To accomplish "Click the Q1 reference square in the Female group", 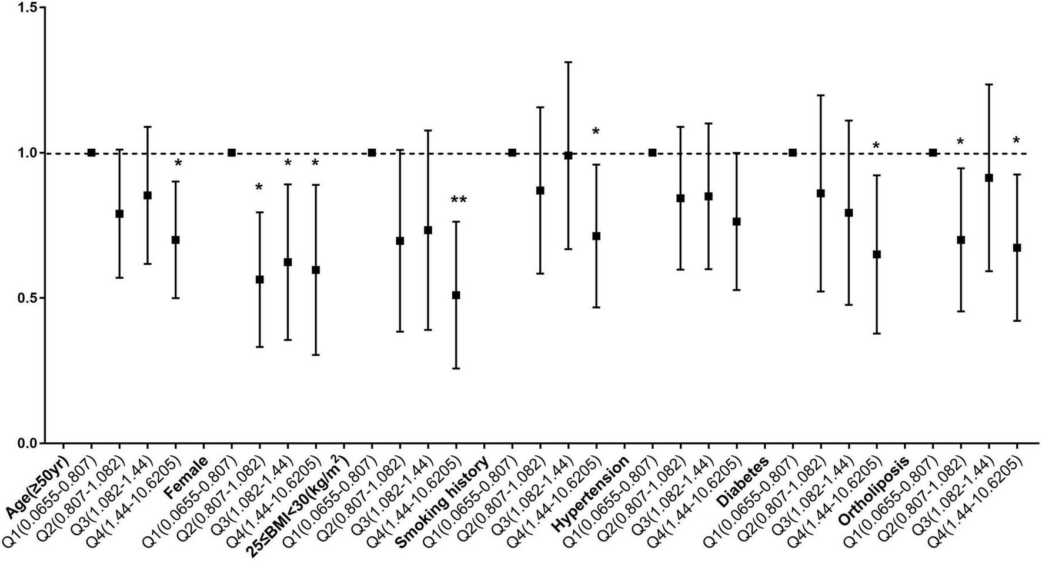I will click(232, 153).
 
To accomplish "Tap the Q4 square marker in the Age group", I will click(175, 240).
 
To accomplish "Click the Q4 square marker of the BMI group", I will click(456, 295).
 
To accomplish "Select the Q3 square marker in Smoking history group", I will click(568, 156).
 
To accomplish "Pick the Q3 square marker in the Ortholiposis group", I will click(989, 178).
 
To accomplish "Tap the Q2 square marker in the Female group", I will click(259, 280).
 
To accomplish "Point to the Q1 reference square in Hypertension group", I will click(652, 153).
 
